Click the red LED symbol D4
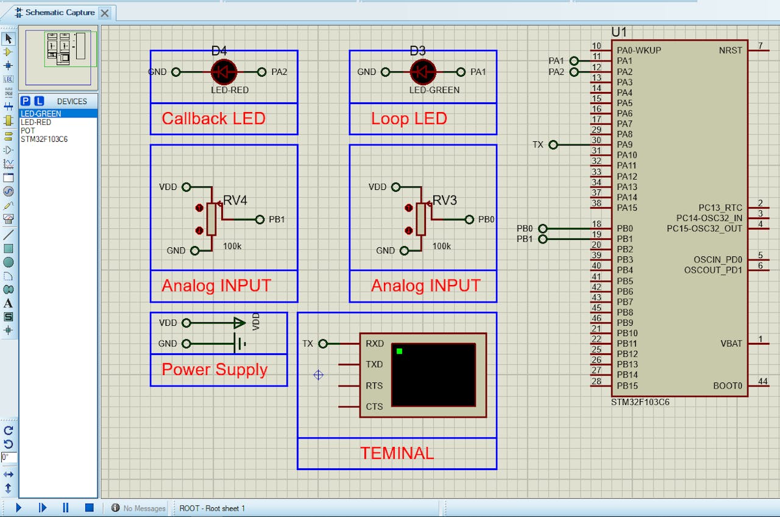(x=224, y=72)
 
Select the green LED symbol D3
(x=423, y=72)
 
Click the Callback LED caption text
(x=213, y=119)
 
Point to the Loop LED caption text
(x=409, y=119)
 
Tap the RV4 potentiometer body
(x=211, y=219)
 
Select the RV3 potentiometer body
(x=420, y=219)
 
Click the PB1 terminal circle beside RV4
(x=260, y=220)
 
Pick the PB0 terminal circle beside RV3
(x=469, y=220)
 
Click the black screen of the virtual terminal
(x=433, y=375)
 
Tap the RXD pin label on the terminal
(x=375, y=343)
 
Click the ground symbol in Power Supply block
(x=240, y=343)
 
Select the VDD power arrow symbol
(x=239, y=323)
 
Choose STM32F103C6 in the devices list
(x=44, y=139)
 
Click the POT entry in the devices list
(x=27, y=130)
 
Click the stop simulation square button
(x=89, y=508)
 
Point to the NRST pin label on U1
(x=730, y=51)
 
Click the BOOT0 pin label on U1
(x=728, y=385)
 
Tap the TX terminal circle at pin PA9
(x=553, y=144)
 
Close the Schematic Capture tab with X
(x=104, y=13)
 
